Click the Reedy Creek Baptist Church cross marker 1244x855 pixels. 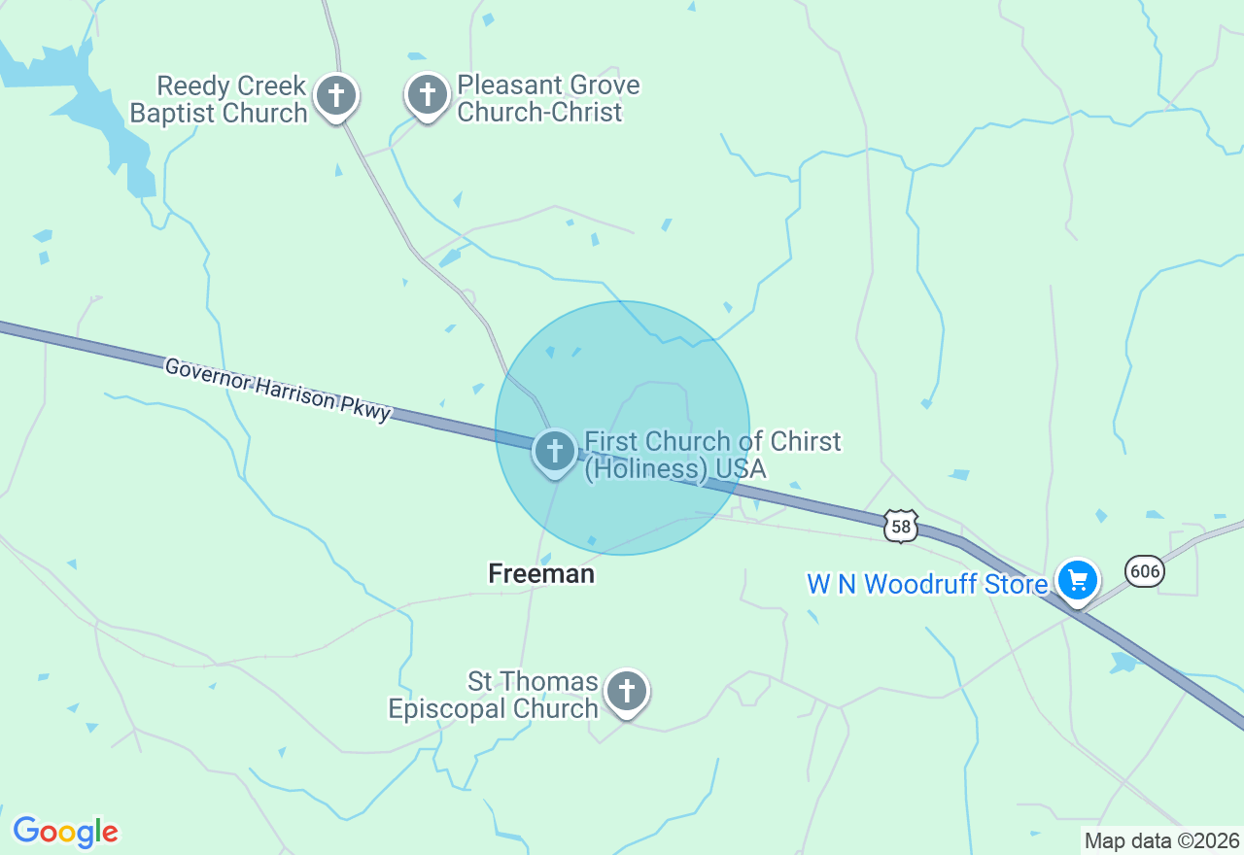(x=336, y=96)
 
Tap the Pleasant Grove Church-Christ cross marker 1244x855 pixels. (x=427, y=95)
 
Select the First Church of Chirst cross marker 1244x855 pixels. (x=555, y=451)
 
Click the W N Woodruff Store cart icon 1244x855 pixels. (x=1077, y=581)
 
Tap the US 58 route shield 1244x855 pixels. (x=901, y=526)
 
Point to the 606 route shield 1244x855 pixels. (x=1145, y=571)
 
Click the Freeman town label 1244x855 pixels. (x=541, y=574)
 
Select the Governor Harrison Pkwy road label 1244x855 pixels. (x=278, y=390)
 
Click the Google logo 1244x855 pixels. (x=65, y=832)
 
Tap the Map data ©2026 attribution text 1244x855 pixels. (x=1162, y=840)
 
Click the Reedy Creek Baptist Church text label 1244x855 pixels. (x=219, y=100)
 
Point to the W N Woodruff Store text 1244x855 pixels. (x=927, y=584)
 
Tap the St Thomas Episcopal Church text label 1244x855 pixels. (x=494, y=696)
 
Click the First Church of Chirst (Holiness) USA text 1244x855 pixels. (x=711, y=456)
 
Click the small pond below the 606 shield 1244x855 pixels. (x=1124, y=663)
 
